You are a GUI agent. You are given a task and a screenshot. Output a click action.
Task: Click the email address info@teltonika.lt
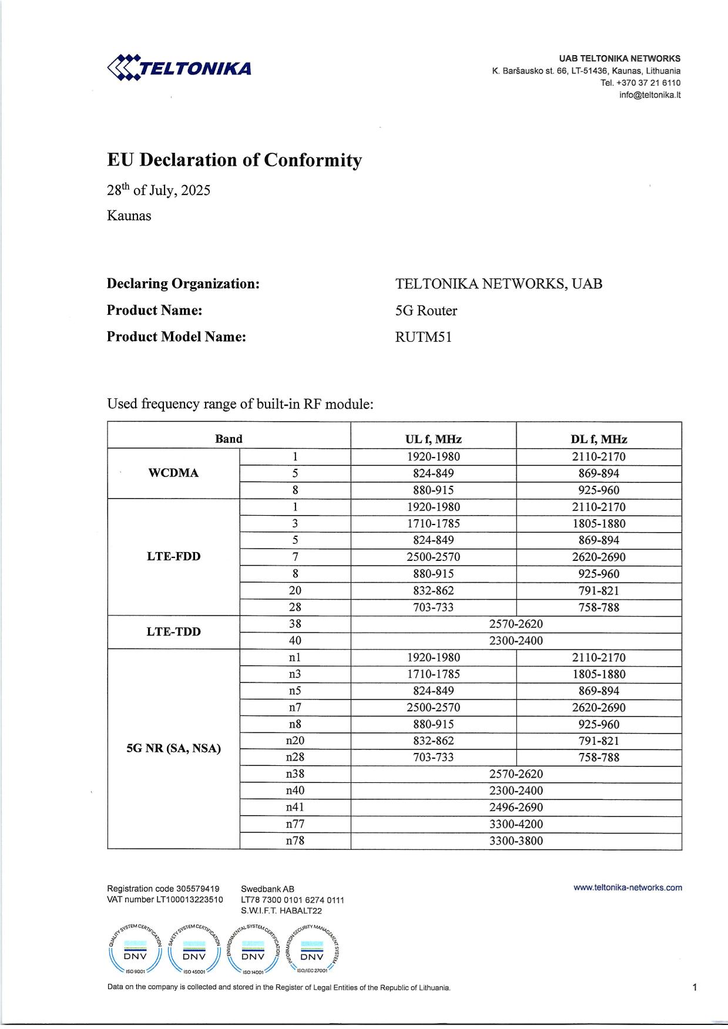[x=649, y=95]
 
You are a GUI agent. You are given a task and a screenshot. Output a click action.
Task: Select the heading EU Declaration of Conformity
[x=234, y=160]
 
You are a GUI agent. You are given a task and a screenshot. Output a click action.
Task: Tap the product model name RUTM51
[x=423, y=337]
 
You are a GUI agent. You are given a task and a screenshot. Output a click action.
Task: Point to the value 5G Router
[x=426, y=311]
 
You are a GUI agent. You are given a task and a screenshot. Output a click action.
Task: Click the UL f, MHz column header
[x=433, y=439]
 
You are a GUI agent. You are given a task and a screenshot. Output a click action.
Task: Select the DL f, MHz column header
[x=599, y=439]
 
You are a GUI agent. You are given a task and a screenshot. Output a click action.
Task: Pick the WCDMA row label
[x=173, y=473]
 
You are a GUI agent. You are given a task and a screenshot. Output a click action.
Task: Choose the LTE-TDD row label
[x=173, y=632]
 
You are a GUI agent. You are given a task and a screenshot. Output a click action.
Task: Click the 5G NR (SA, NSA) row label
[x=173, y=749]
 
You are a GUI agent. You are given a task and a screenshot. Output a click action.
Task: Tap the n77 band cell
[x=295, y=824]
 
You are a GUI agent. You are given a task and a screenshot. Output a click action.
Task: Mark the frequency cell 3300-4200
[x=516, y=824]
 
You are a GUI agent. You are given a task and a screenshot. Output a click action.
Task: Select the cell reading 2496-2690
[x=516, y=808]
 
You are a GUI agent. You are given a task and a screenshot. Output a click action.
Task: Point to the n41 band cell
[x=295, y=808]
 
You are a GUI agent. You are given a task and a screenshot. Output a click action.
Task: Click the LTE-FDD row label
[x=173, y=557]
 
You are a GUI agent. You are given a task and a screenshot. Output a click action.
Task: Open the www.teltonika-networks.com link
[x=628, y=888]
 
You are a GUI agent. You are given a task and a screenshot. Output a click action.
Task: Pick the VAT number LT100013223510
[x=165, y=900]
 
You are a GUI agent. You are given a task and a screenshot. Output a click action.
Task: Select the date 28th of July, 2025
[x=158, y=190]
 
